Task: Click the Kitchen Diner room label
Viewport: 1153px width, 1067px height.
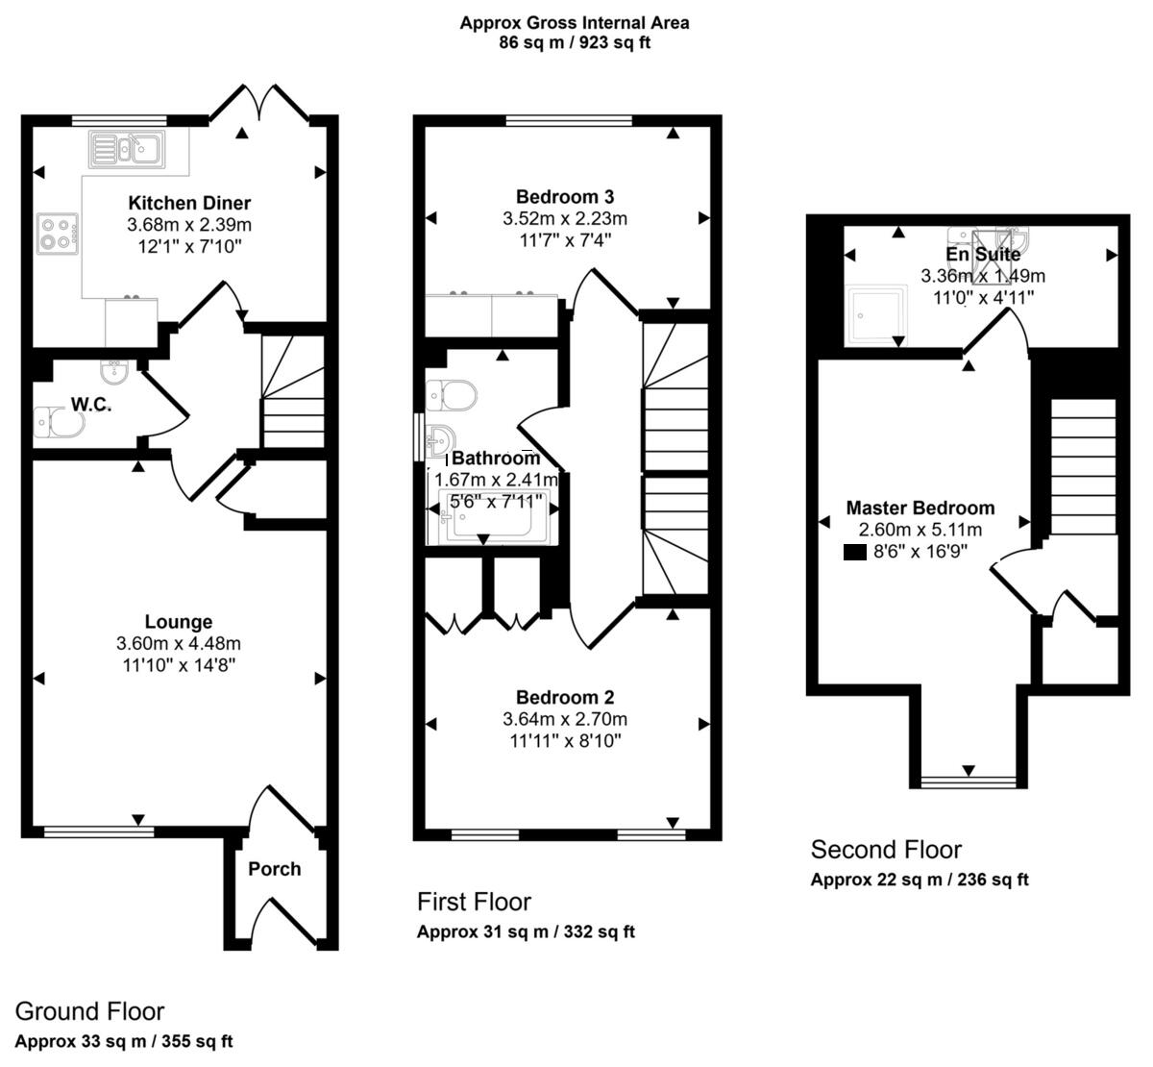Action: tap(189, 203)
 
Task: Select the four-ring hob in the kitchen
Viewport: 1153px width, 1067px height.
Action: tap(57, 234)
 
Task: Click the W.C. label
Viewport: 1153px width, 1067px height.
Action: tap(90, 405)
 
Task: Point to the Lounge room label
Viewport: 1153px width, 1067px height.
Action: tap(179, 622)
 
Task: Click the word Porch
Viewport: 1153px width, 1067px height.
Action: tap(275, 869)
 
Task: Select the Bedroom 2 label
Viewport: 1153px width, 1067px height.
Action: tap(565, 698)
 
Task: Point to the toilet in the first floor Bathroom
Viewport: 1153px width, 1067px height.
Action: tap(452, 393)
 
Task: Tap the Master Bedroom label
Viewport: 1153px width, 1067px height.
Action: tap(920, 508)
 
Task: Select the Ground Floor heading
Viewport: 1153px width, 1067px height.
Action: tap(89, 1011)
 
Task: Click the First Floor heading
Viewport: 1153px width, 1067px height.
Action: tap(474, 902)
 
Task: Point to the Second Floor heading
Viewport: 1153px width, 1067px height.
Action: tap(886, 850)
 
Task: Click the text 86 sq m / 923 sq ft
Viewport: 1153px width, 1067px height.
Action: tap(575, 43)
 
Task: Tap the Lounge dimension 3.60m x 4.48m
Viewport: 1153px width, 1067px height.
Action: tap(179, 643)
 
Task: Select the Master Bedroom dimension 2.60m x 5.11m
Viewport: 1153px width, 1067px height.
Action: tap(920, 529)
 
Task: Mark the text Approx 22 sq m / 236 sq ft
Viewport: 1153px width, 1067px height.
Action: tap(920, 880)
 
